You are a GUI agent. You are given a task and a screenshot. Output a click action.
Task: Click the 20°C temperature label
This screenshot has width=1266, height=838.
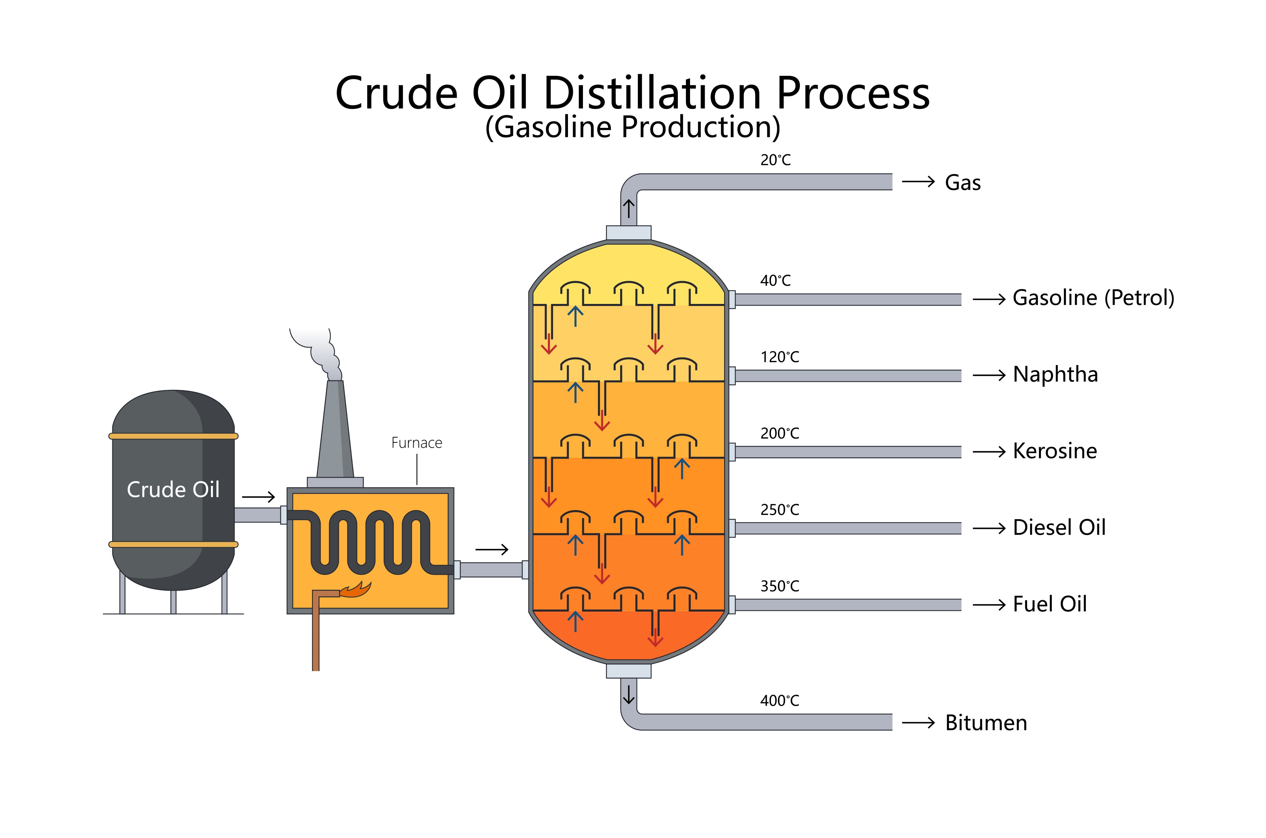click(x=775, y=160)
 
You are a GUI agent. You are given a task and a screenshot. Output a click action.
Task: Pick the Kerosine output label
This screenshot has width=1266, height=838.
click(x=1055, y=451)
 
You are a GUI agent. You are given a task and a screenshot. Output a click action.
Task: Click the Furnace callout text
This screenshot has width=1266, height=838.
click(x=416, y=443)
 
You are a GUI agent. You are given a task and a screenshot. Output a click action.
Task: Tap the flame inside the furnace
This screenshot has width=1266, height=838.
click(x=356, y=589)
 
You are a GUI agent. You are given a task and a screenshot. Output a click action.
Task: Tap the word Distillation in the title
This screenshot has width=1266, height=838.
click(x=652, y=94)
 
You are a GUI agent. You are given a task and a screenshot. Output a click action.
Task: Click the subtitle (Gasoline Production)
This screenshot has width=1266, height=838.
click(x=632, y=127)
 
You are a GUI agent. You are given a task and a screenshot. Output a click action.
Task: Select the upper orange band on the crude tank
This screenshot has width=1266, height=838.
click(x=173, y=436)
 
